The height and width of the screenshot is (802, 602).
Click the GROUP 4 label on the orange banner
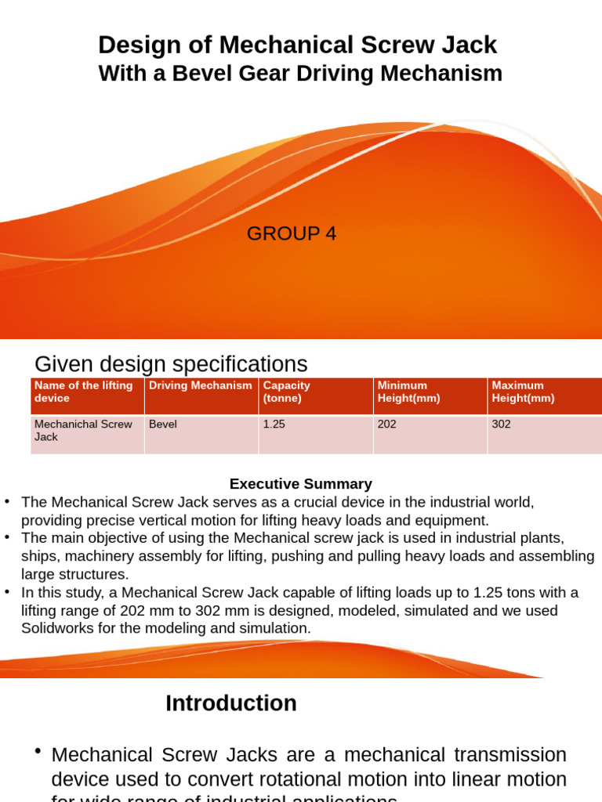tap(292, 233)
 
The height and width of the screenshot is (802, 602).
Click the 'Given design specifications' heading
tap(171, 364)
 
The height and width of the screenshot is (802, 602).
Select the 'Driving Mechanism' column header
tap(201, 385)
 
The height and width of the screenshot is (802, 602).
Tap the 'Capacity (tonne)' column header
tap(286, 392)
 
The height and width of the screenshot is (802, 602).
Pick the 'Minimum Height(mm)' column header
tap(408, 392)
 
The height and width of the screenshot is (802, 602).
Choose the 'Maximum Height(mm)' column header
tap(523, 392)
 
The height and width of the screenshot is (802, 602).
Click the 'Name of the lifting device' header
tap(83, 392)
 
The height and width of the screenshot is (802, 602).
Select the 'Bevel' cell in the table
tap(163, 424)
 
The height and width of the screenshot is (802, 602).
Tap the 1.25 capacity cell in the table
tap(274, 424)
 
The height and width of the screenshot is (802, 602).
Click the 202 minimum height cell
tap(387, 424)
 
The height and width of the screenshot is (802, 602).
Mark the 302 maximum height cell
tap(501, 424)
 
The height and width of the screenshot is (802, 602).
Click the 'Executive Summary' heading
tap(300, 484)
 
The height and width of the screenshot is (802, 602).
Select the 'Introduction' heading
tap(231, 703)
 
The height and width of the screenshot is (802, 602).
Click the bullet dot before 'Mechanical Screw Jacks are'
tap(37, 752)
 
